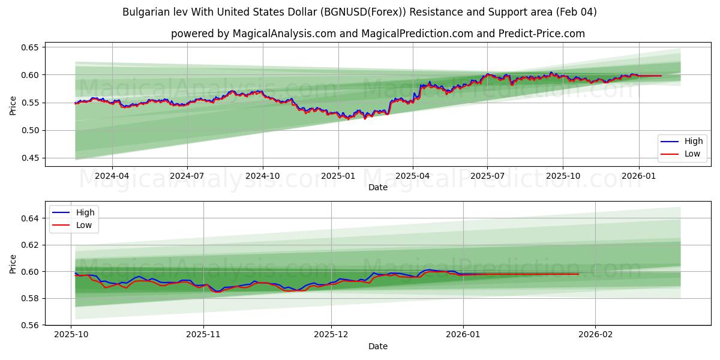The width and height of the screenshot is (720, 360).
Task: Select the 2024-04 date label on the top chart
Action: [112, 176]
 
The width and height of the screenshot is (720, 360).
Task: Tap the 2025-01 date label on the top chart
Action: [338, 176]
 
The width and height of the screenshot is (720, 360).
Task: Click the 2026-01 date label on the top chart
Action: [638, 176]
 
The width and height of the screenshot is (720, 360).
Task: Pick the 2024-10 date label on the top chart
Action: [263, 176]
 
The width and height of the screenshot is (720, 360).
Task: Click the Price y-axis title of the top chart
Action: [13, 104]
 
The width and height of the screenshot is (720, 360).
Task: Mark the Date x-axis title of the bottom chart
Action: [378, 346]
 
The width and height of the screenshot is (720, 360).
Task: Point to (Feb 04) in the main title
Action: [575, 12]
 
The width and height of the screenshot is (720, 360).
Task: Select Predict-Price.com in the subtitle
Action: [542, 34]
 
